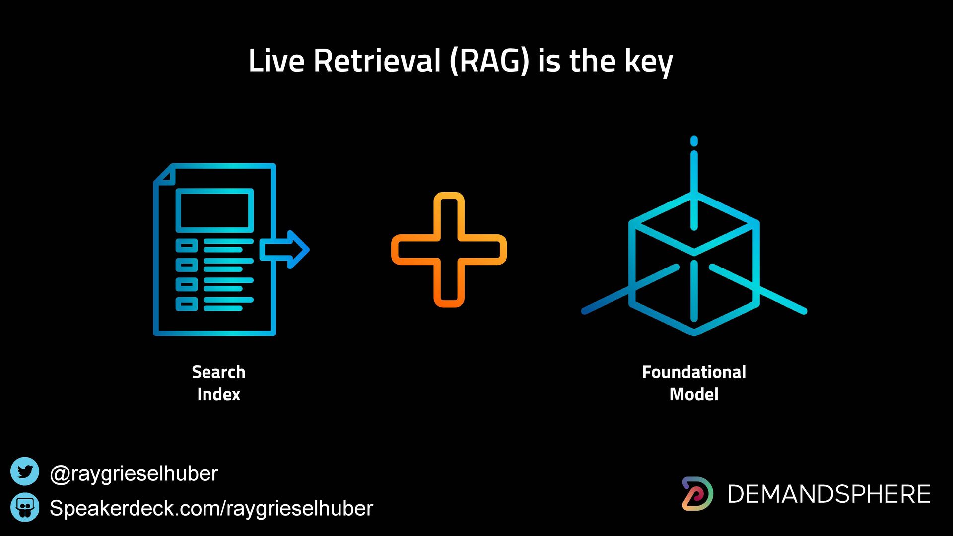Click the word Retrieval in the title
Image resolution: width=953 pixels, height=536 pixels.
click(377, 61)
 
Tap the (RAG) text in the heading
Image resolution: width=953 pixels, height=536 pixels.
click(490, 61)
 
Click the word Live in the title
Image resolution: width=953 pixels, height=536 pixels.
click(276, 61)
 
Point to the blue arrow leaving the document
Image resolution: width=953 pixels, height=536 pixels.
click(285, 250)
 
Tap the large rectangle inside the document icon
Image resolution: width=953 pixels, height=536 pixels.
click(215, 210)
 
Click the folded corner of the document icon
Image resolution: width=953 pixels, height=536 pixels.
click(164, 174)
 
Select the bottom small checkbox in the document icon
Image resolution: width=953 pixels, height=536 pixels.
click(187, 304)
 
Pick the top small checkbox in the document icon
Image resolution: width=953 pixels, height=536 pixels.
click(187, 245)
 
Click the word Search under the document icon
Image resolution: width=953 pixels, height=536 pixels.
click(219, 372)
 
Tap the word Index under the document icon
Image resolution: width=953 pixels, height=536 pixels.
click(219, 394)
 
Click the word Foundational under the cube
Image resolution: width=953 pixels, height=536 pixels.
click(694, 372)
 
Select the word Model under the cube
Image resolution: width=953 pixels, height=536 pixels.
click(694, 394)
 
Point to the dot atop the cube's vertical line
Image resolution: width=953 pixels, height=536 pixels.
click(694, 141)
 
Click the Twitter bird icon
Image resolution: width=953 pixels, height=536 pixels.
click(25, 471)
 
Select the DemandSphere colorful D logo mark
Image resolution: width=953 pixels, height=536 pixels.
click(697, 494)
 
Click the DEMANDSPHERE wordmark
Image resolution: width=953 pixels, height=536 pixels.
click(829, 494)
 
